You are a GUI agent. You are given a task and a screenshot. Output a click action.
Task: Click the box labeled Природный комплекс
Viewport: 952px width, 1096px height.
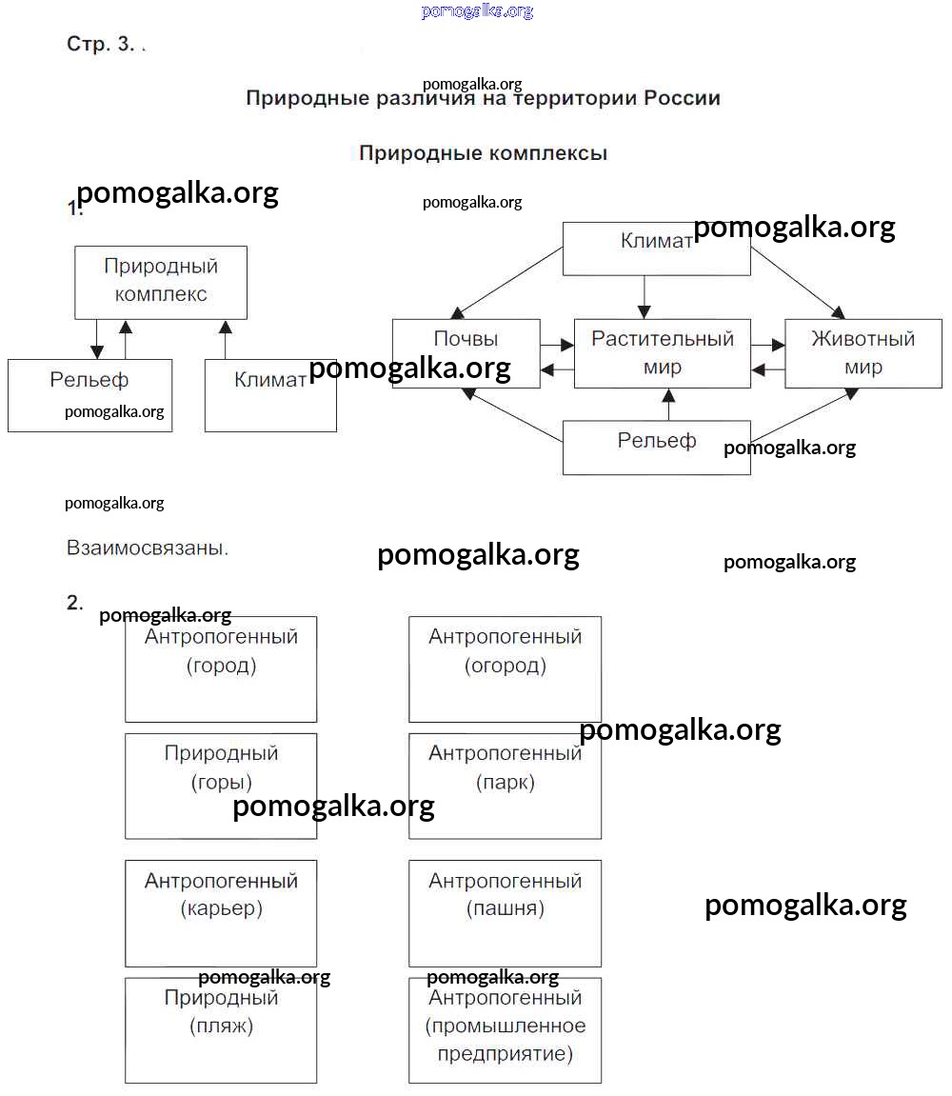[161, 282]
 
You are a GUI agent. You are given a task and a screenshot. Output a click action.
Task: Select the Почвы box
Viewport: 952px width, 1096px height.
[466, 352]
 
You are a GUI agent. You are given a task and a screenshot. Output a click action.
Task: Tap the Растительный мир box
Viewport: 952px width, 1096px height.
[662, 353]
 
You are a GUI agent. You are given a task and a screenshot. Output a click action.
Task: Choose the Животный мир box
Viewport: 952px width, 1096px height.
[863, 353]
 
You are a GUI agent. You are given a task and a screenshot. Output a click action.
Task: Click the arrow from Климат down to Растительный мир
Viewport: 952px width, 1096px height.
[645, 297]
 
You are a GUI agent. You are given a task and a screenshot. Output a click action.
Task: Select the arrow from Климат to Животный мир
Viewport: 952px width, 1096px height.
[797, 283]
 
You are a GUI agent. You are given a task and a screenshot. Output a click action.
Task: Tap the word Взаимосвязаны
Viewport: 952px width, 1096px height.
[148, 548]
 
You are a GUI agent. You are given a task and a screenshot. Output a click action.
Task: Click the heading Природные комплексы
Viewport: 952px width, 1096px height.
[483, 153]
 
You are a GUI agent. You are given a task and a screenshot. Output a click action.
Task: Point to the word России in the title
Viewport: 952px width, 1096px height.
[682, 98]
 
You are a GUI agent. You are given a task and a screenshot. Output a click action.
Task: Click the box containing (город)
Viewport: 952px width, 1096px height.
[221, 668]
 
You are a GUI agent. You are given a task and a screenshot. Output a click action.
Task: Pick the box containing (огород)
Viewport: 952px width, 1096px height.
[505, 668]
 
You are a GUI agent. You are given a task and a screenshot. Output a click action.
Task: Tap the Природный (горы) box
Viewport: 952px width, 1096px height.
[221, 786]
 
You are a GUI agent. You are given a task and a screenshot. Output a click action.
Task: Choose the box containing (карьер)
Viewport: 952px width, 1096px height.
[221, 912]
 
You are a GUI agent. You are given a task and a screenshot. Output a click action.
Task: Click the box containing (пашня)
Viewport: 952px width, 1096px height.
[505, 912]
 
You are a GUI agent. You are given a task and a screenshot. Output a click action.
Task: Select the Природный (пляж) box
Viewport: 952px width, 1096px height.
[221, 1029]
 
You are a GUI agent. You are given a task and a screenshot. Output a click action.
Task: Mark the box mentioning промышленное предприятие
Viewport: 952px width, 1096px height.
[505, 1029]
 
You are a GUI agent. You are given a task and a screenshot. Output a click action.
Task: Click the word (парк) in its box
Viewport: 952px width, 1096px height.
[506, 783]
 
